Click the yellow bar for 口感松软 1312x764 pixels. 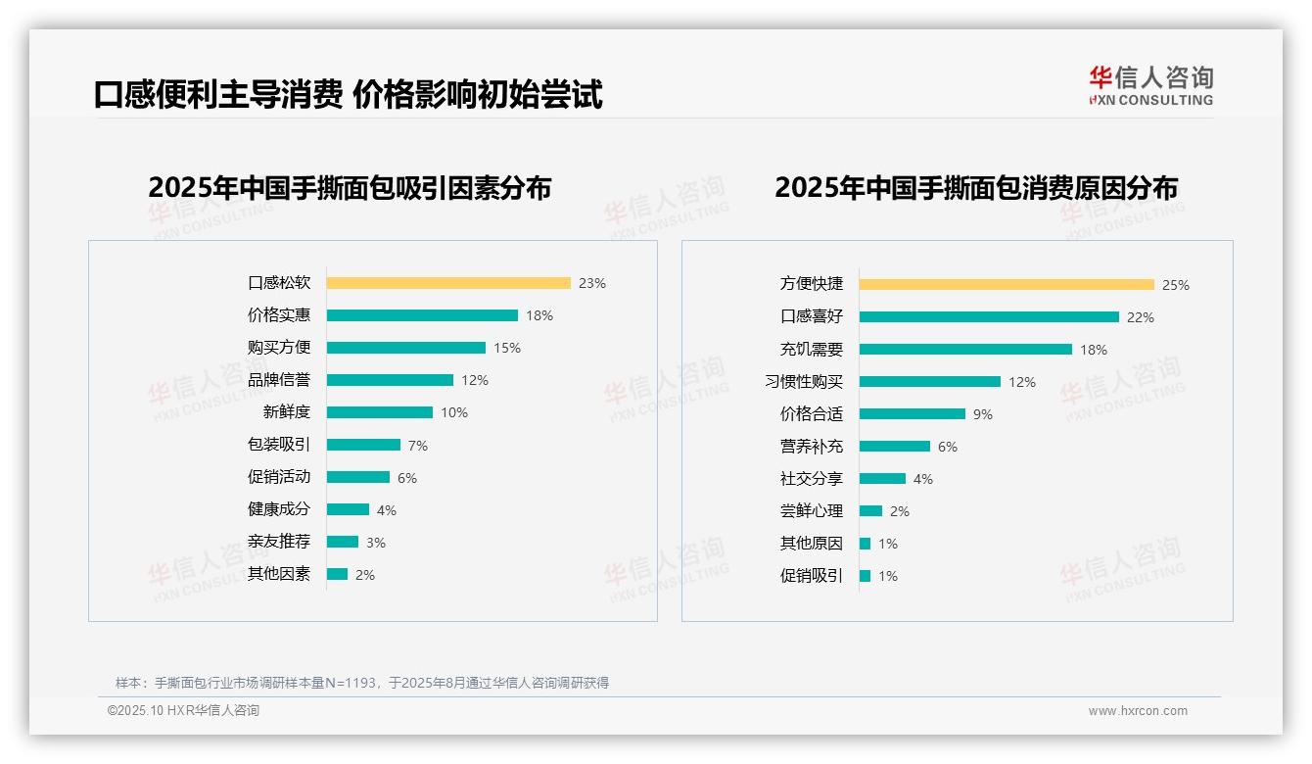pos(448,283)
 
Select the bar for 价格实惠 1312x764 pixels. pos(422,315)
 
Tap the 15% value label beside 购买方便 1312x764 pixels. pos(507,348)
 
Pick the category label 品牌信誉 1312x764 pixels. pos(279,380)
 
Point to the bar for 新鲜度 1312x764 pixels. pos(380,412)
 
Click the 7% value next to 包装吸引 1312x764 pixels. pos(418,446)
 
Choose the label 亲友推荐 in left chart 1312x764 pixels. pos(279,542)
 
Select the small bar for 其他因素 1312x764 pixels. pos(337,574)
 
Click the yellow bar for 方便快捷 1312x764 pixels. pos(1007,285)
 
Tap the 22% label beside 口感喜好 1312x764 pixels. pos(1141,317)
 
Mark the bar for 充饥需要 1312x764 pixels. pos(965,350)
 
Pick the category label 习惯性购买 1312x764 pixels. pos(804,382)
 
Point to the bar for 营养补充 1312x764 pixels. pos(895,447)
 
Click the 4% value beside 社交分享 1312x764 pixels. pos(923,479)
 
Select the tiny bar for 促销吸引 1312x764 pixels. pos(865,576)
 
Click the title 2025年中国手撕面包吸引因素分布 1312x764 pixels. pos(350,188)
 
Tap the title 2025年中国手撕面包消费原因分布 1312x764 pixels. pos(976,188)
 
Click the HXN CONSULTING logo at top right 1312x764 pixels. pos(1150,86)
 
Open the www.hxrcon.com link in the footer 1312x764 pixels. pos(1138,711)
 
